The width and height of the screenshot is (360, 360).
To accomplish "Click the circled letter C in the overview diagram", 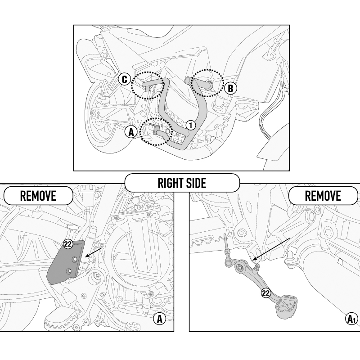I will click(125, 80).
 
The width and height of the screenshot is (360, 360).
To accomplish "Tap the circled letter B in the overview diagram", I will click(230, 88).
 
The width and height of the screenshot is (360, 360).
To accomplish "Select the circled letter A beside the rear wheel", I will click(131, 132).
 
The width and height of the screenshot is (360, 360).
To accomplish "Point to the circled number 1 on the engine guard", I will click(190, 125).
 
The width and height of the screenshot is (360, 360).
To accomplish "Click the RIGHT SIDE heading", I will click(182, 183).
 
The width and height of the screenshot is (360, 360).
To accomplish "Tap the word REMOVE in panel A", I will click(38, 196).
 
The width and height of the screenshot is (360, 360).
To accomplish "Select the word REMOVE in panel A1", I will click(323, 196).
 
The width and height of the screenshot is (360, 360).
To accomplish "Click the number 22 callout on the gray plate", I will click(68, 244).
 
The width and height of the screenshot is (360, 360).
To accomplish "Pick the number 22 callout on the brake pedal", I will click(266, 293).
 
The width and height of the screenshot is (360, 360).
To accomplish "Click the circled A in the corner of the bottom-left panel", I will click(158, 319).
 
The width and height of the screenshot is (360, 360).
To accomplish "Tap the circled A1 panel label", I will click(351, 319).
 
